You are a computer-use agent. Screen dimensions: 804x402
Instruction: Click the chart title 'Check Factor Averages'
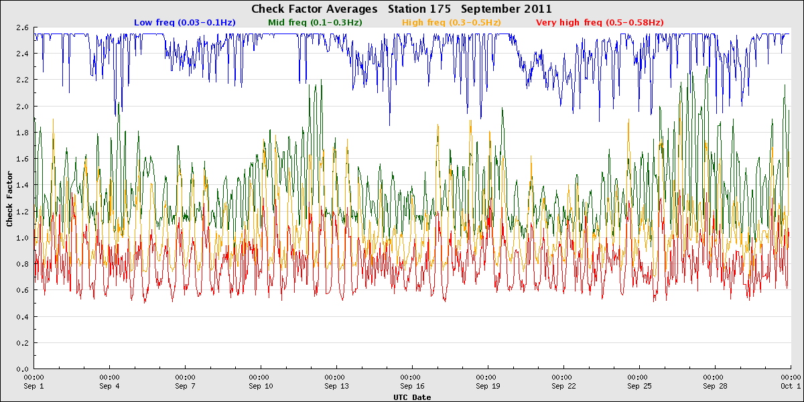click(x=314, y=9)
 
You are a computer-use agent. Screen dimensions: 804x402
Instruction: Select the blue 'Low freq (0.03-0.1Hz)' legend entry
click(x=185, y=23)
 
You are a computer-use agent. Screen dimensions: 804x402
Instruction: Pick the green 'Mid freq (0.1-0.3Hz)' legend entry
click(x=315, y=23)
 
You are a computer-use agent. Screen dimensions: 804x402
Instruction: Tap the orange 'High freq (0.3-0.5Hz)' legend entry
click(x=451, y=23)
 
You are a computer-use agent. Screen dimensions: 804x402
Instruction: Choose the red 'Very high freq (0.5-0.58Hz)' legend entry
click(x=600, y=23)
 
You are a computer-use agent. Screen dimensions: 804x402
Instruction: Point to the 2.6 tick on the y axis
click(x=22, y=27)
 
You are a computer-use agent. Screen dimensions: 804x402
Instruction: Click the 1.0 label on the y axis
click(x=22, y=238)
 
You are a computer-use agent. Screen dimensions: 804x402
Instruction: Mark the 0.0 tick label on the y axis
click(x=22, y=369)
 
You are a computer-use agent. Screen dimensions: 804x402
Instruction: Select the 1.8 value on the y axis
click(x=22, y=133)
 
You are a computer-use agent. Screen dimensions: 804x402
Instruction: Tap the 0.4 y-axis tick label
click(x=22, y=316)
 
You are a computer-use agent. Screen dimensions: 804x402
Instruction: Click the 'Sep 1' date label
click(x=33, y=386)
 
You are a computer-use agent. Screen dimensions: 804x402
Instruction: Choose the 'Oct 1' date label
click(x=791, y=386)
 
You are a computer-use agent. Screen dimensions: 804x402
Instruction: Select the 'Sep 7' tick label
click(x=185, y=386)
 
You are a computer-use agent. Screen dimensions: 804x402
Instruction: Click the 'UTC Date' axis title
click(x=412, y=397)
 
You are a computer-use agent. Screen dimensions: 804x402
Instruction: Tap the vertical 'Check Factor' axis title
click(x=9, y=199)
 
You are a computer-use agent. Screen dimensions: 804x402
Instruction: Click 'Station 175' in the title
click(x=419, y=9)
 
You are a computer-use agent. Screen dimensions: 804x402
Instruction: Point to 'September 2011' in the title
click(x=506, y=9)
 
